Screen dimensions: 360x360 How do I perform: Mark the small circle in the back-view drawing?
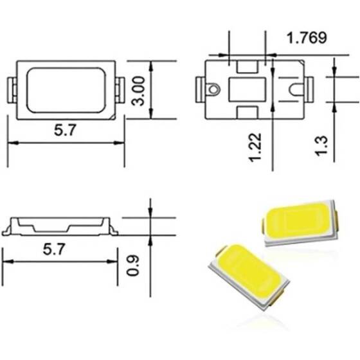pos(211,87)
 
